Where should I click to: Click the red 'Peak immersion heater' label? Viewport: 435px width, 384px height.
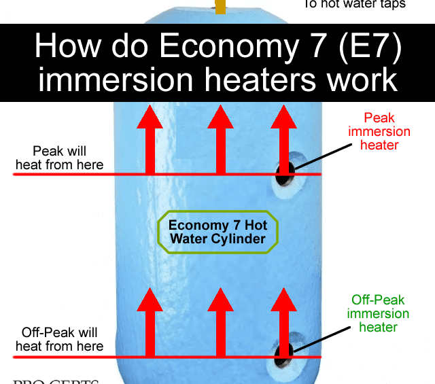tap(379, 131)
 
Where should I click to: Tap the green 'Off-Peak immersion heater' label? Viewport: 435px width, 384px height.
tap(379, 313)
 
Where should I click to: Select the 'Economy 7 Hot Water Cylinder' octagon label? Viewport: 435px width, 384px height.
tap(217, 232)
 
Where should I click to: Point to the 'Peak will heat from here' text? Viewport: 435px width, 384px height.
tap(59, 157)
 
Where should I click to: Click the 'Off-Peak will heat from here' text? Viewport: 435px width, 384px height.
tap(59, 339)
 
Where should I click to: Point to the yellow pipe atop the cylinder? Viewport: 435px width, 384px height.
tap(220, 6)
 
